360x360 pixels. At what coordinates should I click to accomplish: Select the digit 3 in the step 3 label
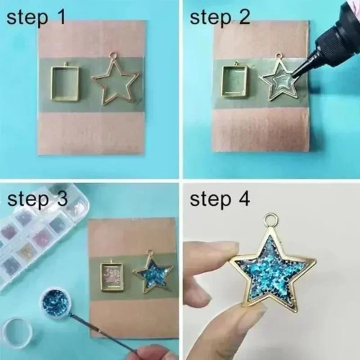[63, 199]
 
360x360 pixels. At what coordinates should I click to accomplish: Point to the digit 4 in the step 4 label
[243, 199]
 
